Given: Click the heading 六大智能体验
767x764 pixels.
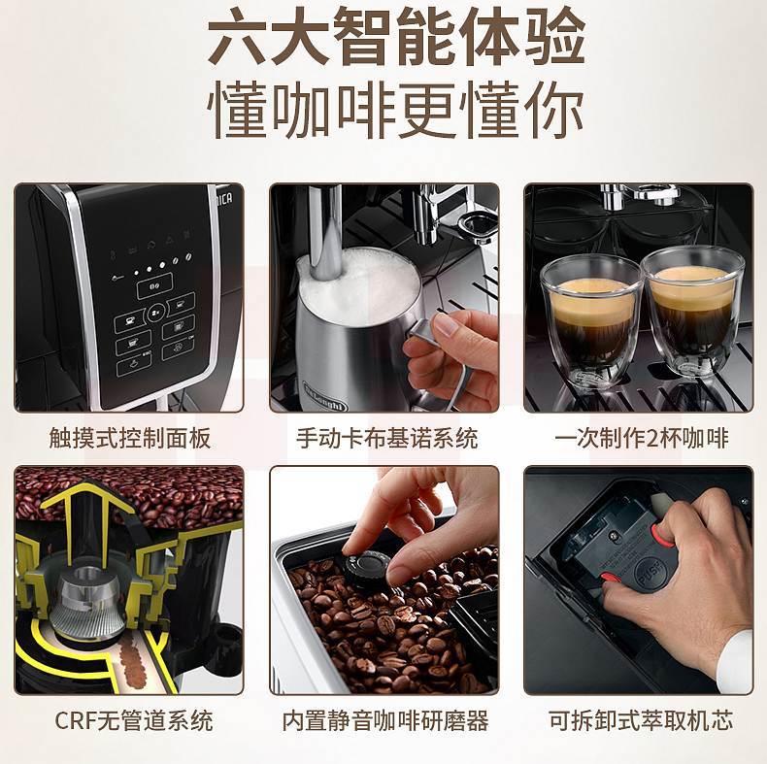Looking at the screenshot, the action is point(397,38).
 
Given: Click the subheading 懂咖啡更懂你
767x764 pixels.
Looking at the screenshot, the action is point(396,111).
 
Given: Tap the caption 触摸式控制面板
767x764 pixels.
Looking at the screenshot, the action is point(130,438).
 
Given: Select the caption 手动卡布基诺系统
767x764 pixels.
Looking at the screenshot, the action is point(387,438).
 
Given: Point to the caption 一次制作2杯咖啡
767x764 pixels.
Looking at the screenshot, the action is point(642,438).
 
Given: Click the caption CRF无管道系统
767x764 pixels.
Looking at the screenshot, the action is point(134,720).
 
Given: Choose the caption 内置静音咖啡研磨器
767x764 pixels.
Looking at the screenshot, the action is point(385,720).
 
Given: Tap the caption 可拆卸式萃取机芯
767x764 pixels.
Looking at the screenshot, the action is point(641,720).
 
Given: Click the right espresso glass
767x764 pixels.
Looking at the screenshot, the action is point(692,312).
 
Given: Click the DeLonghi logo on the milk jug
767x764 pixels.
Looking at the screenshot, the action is point(325,395).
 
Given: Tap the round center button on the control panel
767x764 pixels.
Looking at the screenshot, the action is point(156,311).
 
